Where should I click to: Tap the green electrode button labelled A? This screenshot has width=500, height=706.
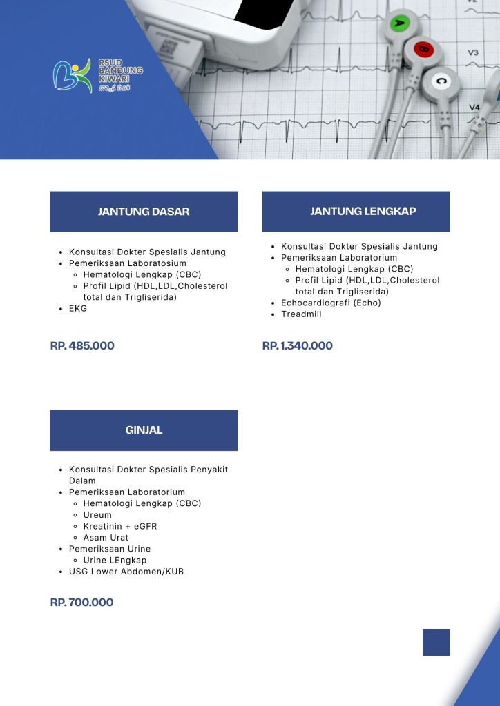399,23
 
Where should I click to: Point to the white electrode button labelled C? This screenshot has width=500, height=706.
441,81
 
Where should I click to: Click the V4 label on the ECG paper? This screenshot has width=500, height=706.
474,108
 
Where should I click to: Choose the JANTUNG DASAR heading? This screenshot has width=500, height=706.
144,212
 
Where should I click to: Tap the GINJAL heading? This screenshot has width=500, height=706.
144,430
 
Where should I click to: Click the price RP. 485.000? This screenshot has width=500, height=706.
82,345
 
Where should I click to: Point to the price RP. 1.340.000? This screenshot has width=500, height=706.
297,345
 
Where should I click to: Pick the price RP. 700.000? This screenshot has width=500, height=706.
81,603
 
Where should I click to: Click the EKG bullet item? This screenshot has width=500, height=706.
78,309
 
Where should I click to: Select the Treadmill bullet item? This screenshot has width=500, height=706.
301,314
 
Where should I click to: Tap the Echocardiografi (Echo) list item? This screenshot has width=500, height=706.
331,303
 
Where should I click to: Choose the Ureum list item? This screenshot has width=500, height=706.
97,515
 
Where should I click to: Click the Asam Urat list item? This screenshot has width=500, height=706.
106,538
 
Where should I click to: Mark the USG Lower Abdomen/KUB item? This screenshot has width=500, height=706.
126,572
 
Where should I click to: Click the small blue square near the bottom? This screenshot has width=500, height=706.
436,642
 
